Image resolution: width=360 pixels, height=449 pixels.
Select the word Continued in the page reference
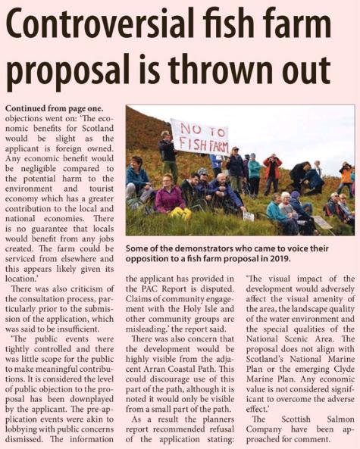pos(28,109)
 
